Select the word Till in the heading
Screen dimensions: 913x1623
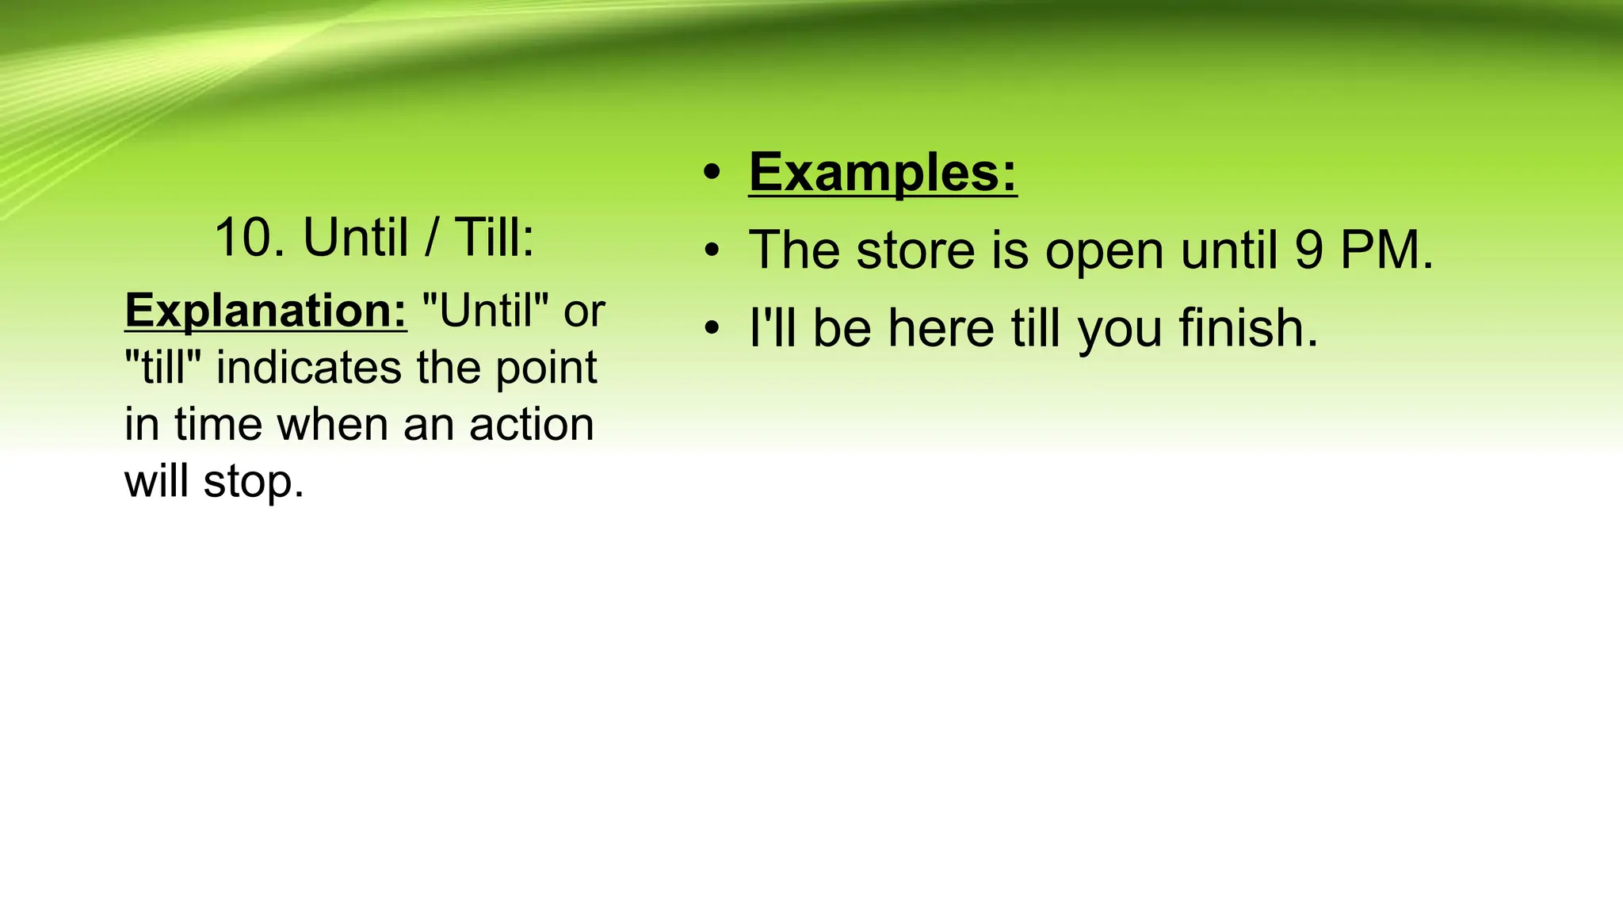point(494,238)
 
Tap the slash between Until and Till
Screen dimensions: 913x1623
point(430,238)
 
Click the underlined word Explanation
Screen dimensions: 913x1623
point(265,311)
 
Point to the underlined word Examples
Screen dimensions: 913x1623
point(882,172)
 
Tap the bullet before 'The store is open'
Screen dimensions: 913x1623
point(712,251)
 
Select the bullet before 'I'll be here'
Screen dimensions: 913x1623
point(712,328)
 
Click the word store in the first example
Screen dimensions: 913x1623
point(915,250)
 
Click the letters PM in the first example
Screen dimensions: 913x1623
point(1386,250)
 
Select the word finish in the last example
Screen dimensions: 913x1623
point(1247,328)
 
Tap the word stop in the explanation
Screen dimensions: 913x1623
point(253,482)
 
